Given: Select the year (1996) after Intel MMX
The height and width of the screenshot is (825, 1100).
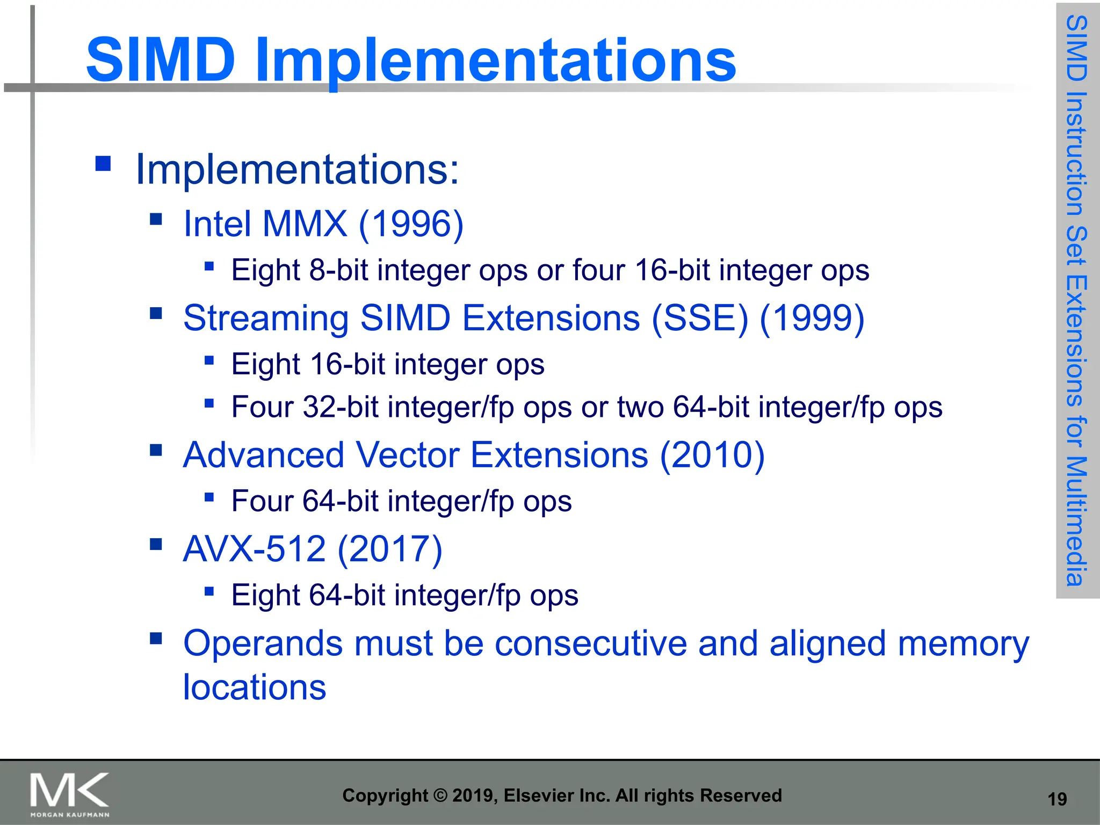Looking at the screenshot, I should tap(411, 223).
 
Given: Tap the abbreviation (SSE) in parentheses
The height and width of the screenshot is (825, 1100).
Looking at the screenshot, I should tap(699, 318).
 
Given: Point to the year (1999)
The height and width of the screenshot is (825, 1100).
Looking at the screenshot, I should tap(812, 318).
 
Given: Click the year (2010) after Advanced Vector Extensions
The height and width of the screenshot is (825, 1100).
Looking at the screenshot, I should tap(712, 455).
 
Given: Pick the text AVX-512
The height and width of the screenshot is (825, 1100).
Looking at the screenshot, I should tap(254, 549).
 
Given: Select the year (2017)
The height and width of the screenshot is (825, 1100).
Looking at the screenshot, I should tap(390, 549).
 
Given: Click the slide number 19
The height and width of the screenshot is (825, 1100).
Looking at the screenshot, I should tap(1057, 799).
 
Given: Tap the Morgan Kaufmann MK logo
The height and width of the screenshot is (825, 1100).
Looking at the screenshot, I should tap(69, 794).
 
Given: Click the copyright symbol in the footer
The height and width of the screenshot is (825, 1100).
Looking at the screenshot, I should tap(440, 795).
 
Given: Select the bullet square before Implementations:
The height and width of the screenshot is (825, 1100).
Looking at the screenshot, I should tap(103, 163).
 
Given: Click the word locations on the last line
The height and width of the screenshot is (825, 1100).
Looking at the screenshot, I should tap(254, 687).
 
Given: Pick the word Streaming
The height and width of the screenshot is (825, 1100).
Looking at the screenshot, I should tap(266, 318).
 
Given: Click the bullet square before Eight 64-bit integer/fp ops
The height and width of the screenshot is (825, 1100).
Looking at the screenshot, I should tap(209, 591).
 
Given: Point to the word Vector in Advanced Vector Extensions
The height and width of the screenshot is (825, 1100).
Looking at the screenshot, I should tap(407, 455).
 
